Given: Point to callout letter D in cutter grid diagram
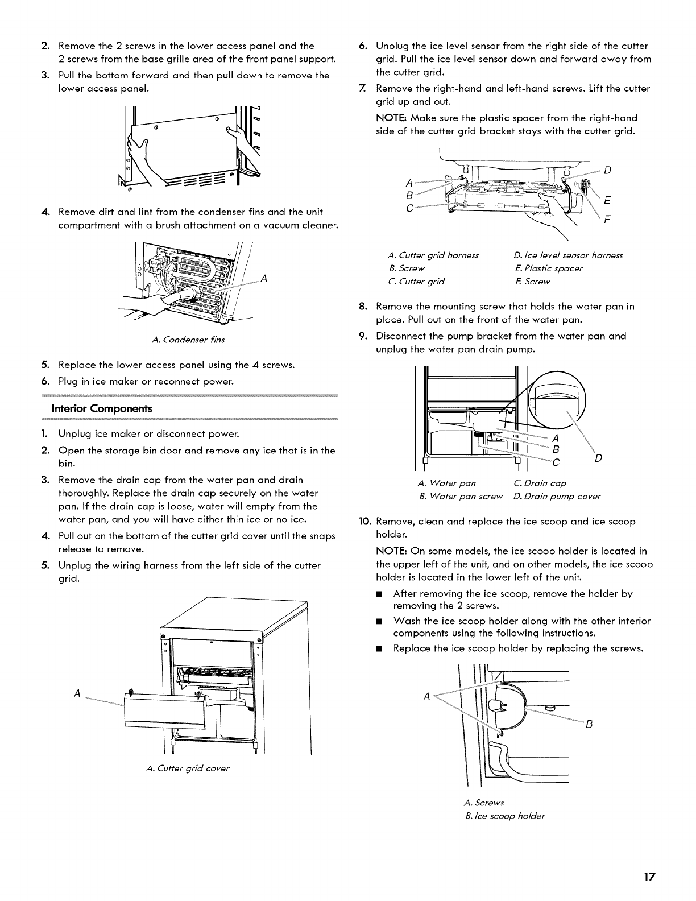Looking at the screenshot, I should click(x=607, y=170).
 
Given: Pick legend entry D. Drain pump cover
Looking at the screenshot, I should click(x=557, y=497).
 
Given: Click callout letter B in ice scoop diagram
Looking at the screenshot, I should click(x=589, y=724).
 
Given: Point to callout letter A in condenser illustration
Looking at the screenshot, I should click(x=263, y=278).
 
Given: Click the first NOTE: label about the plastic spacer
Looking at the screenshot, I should click(x=391, y=118).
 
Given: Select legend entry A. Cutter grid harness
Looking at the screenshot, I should click(x=432, y=255).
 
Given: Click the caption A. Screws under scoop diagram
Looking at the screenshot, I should click(x=484, y=803).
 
